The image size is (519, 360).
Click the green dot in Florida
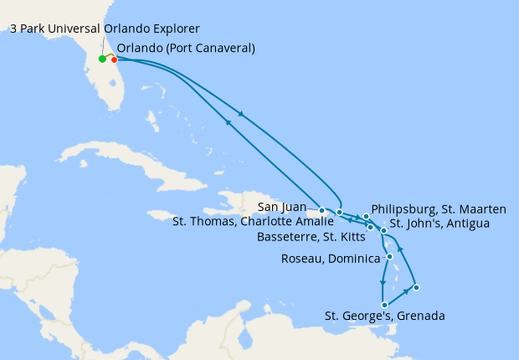point(102,59)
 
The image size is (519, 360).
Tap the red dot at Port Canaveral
point(114,59)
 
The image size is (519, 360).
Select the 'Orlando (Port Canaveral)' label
point(186,48)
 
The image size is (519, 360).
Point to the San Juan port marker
point(322,210)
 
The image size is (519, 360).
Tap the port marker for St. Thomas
point(339,213)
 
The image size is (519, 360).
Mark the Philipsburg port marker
point(367,217)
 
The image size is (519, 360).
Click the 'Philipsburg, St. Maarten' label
point(438,208)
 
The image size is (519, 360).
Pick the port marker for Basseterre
point(370,227)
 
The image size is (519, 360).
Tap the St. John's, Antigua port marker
point(383,230)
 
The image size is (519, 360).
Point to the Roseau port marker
point(390,256)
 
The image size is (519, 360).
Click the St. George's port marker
point(384,305)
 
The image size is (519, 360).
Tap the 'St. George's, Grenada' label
point(384,316)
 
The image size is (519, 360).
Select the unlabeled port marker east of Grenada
point(416,288)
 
